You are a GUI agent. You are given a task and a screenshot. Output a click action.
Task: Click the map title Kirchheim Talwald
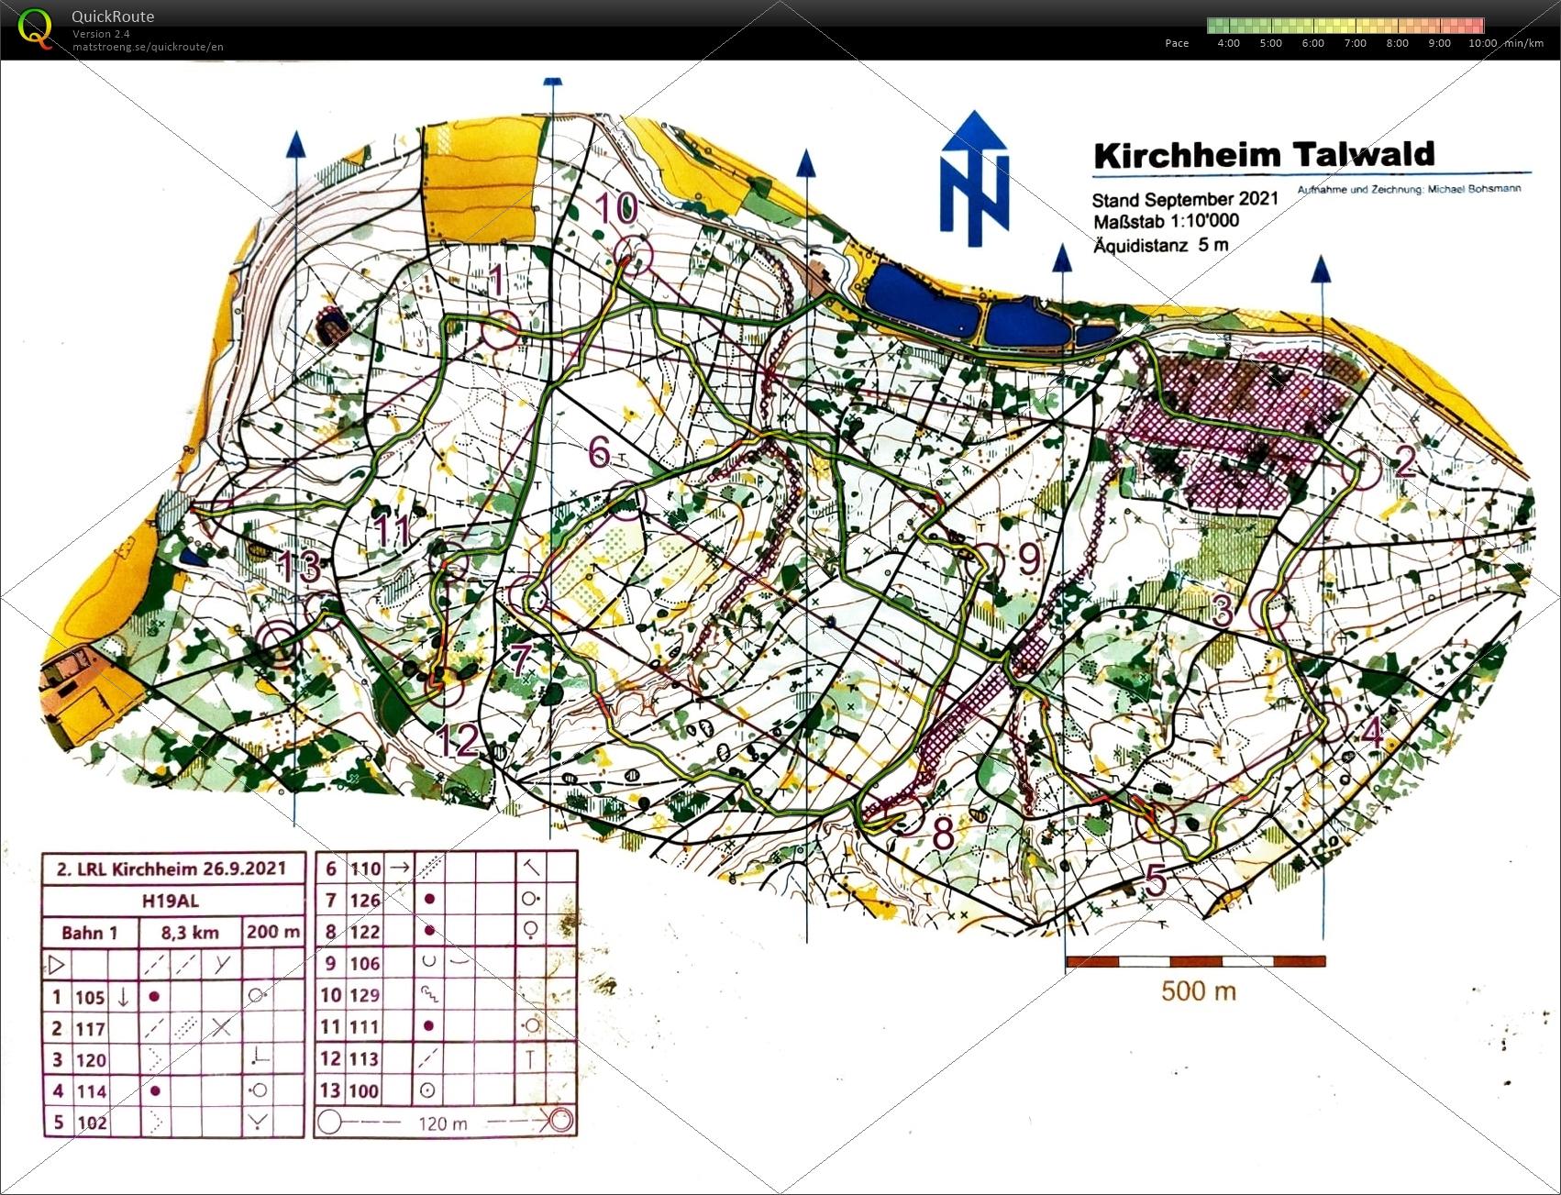tap(1264, 155)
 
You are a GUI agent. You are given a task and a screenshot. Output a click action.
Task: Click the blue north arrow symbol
tap(974, 180)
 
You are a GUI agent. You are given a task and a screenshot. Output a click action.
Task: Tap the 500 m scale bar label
tap(1198, 991)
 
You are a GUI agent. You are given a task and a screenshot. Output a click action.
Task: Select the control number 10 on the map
tap(616, 208)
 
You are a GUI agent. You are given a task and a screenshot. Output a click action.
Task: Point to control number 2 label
tap(1404, 461)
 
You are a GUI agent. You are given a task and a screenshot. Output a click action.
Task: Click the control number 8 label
tap(943, 834)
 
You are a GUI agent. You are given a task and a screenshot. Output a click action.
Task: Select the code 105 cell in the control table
tap(90, 997)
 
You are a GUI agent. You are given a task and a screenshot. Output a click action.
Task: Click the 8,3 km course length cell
tap(190, 933)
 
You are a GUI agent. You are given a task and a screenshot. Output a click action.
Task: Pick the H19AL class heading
tap(171, 900)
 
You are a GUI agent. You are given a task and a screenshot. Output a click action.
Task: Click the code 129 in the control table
tap(364, 995)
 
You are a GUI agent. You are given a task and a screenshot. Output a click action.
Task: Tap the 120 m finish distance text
tap(442, 1123)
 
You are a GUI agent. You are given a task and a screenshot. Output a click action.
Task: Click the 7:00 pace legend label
tap(1355, 43)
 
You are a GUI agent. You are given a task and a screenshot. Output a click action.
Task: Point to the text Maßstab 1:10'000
tap(1165, 221)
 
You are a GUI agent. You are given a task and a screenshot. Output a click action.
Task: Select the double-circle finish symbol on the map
tap(278, 643)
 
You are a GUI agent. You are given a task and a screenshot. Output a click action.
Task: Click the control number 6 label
tap(599, 450)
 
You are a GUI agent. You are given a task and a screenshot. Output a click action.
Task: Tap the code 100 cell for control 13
tap(364, 1090)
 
